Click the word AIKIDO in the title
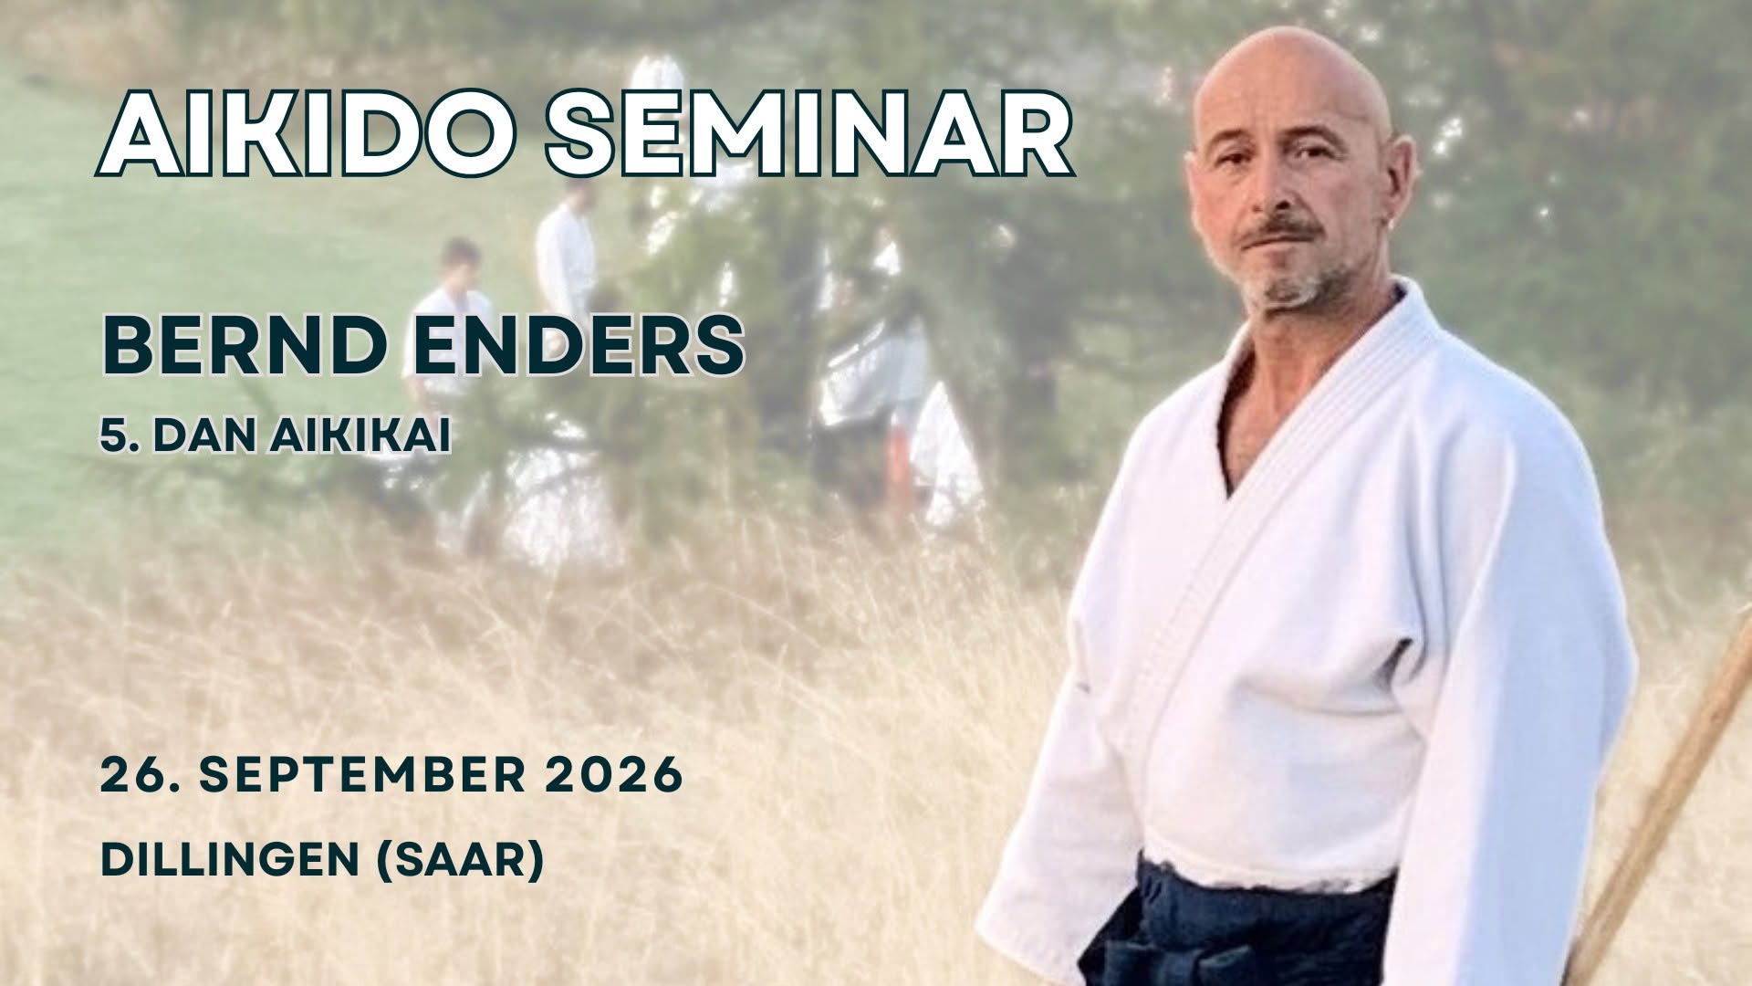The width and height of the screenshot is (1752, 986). [306, 134]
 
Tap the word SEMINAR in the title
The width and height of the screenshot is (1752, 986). [809, 134]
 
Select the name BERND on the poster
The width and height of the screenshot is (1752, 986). [246, 346]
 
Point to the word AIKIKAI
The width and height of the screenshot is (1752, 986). [360, 438]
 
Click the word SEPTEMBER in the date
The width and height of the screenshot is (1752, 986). [362, 775]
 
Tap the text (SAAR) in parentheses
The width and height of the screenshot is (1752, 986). [460, 859]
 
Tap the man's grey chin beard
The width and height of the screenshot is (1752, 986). [1287, 283]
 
